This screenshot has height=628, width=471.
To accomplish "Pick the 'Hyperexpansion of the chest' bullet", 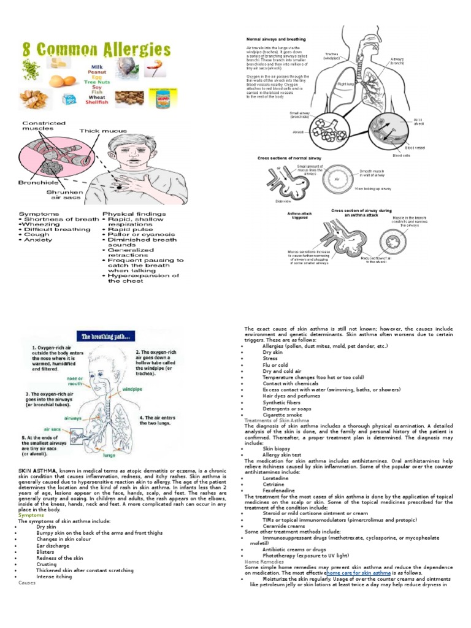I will point(143,278).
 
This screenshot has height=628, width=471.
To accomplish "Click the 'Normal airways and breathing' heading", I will point(275,39).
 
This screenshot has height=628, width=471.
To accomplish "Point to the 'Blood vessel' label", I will point(415,148).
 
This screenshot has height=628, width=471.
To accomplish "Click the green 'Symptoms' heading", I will point(31,515).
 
